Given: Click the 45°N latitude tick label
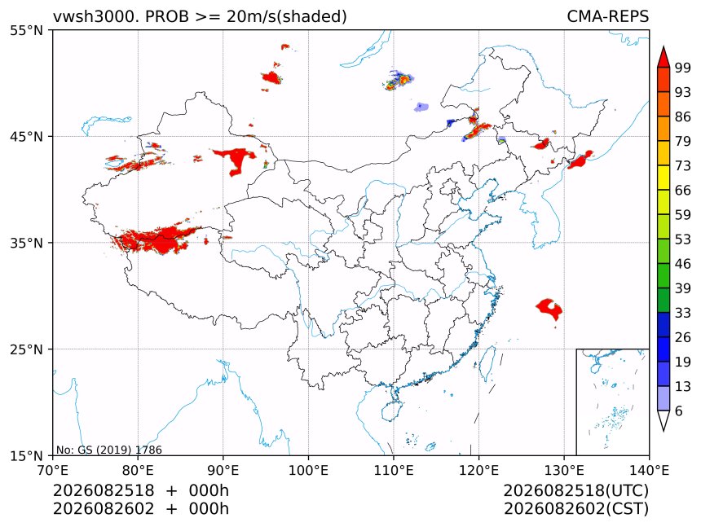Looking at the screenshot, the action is (26, 136).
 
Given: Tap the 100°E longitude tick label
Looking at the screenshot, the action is (308, 470).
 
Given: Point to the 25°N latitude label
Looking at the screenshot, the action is (26, 349).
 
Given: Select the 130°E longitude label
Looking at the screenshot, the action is (564, 470).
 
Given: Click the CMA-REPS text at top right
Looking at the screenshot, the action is (607, 16).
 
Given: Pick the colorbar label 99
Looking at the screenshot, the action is (683, 68).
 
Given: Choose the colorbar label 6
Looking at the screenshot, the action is (679, 411).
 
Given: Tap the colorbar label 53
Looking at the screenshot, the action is (683, 239).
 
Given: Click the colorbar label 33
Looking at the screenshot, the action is (683, 313).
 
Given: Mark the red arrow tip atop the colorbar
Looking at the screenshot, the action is (664, 46).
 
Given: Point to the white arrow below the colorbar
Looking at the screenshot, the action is (664, 421).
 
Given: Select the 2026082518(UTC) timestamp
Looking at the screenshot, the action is (575, 490).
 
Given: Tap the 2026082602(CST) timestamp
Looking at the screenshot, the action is (575, 509).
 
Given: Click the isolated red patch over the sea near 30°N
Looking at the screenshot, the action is (549, 309).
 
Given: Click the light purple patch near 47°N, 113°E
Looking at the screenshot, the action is (421, 108).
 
